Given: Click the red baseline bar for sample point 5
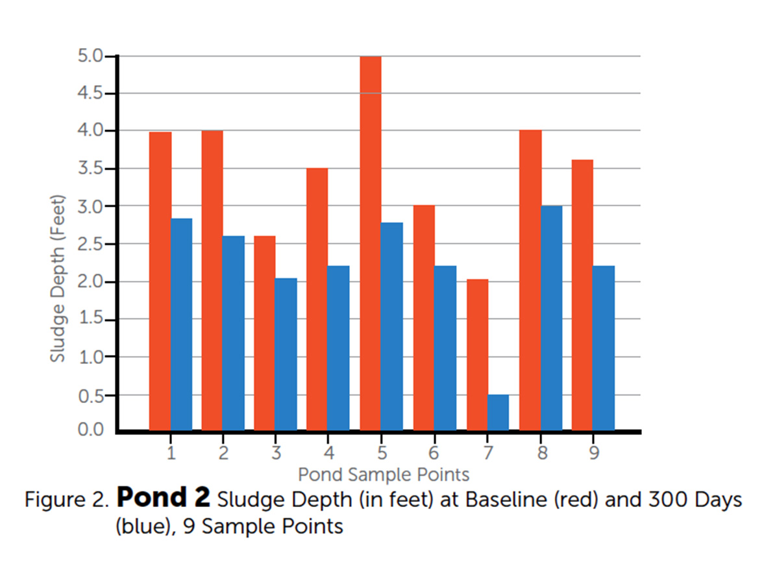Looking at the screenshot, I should (370, 244).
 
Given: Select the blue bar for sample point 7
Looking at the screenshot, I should (499, 413).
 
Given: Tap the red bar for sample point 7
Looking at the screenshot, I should (477, 355).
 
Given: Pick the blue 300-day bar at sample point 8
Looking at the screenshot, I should (552, 318).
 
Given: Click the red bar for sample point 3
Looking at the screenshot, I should (264, 333).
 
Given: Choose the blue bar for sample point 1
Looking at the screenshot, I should (182, 324).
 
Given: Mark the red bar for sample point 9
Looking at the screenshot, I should (582, 295).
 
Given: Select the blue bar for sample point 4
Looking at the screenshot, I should (338, 348).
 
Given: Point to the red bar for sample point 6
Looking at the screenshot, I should (424, 318).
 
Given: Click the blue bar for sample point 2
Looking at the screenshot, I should (234, 333).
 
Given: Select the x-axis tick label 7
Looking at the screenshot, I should (488, 452).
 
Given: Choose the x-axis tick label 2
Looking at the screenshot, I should (223, 452).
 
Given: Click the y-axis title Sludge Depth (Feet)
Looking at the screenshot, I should (58, 278).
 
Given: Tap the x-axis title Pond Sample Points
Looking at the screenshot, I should (384, 474).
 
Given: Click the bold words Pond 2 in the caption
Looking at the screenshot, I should (164, 499).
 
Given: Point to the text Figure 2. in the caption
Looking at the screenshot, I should (67, 500).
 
